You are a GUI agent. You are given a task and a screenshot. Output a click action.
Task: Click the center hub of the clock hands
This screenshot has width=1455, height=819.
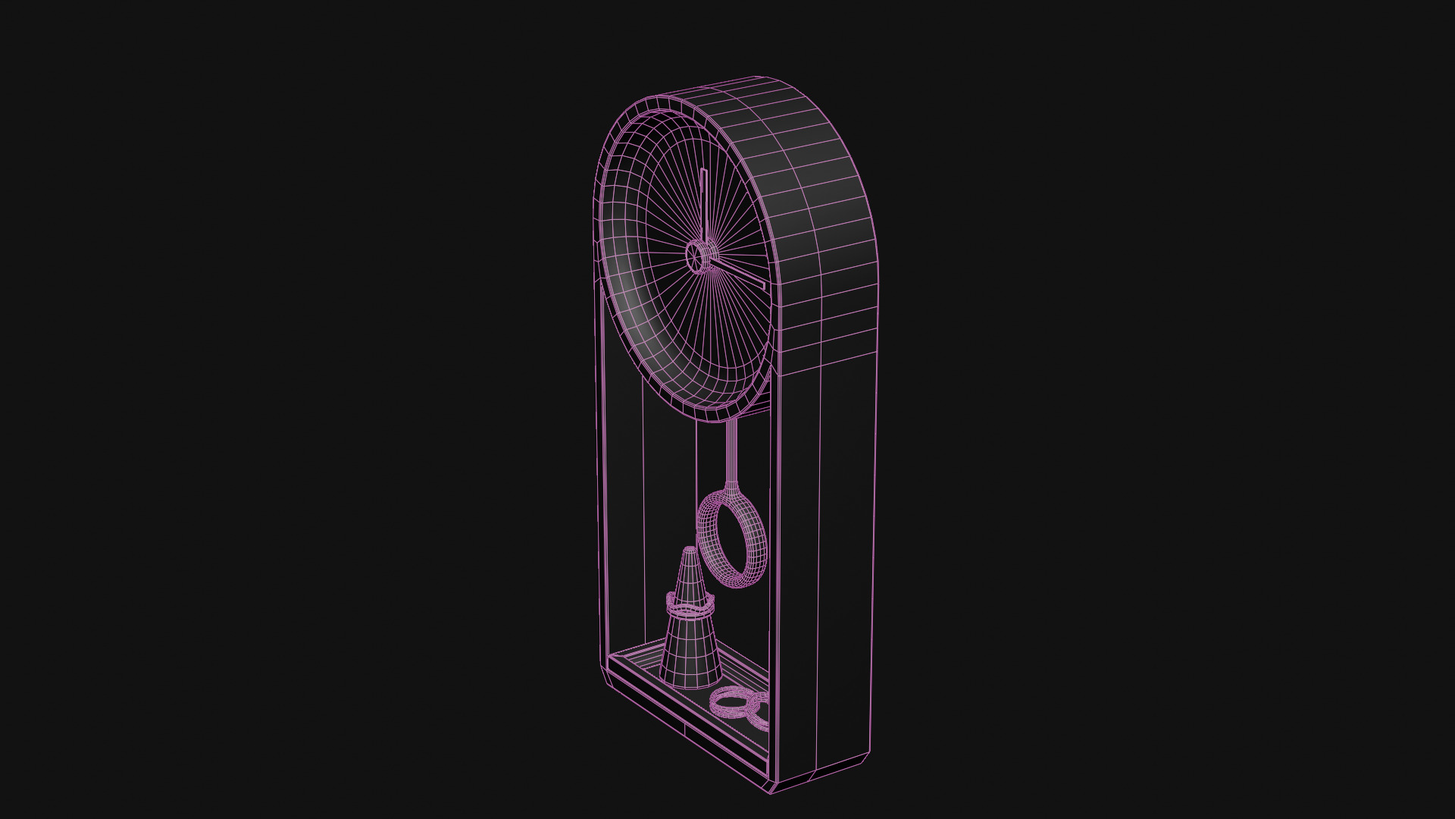coord(699,256)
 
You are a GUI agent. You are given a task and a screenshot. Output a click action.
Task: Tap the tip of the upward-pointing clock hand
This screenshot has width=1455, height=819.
coord(702,171)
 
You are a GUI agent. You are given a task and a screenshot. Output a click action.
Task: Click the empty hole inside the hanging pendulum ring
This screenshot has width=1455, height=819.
coord(732,540)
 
